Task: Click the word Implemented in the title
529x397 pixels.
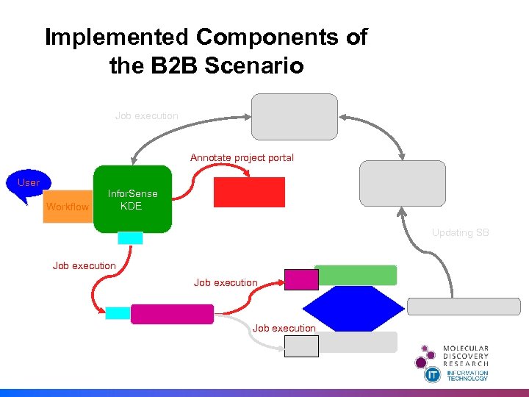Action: coord(117,37)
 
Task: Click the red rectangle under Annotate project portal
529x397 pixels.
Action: coord(249,192)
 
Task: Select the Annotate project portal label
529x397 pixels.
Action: coord(242,157)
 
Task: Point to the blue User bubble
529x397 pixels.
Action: coord(29,182)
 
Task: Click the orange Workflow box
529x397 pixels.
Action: coord(67,207)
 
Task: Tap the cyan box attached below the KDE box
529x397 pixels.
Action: coord(130,237)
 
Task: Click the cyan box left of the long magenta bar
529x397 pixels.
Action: coord(118,313)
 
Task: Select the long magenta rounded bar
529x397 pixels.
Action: coord(172,314)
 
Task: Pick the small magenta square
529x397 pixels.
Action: coord(301,279)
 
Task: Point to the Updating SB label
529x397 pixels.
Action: coord(460,232)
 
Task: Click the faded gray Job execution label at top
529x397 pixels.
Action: coord(146,115)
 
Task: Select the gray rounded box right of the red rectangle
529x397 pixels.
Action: coord(402,183)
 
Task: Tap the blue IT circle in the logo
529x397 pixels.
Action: coord(433,374)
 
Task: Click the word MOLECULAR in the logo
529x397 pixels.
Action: coord(465,348)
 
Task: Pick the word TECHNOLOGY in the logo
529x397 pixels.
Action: coord(468,378)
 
